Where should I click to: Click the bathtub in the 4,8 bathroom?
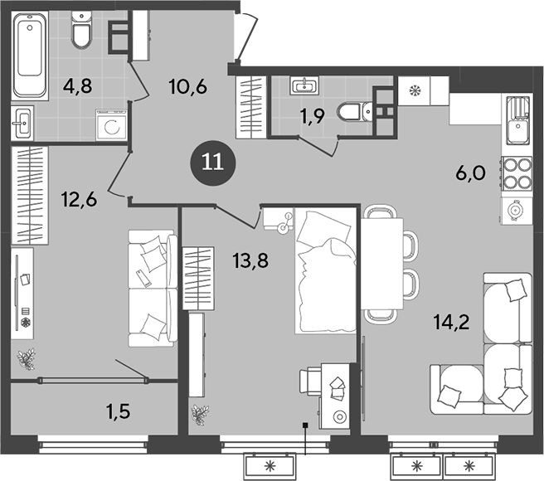coord(30,55)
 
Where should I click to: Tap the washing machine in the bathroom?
coord(112,125)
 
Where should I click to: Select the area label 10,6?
coord(188,87)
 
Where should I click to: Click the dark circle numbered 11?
coord(212,163)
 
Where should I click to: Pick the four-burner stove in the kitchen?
coord(517,173)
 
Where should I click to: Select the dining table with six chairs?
coord(388,264)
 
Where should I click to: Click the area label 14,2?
coord(451,322)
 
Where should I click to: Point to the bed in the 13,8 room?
coord(325,270)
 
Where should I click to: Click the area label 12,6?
coord(79,200)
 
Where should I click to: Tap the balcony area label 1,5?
coord(119,411)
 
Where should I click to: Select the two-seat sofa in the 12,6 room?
coord(153,288)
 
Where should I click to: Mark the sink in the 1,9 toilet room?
coord(304,85)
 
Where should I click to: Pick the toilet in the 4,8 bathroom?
coord(82,29)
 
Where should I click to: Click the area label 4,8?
coord(78,85)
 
